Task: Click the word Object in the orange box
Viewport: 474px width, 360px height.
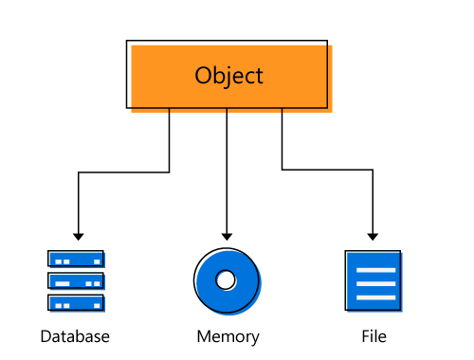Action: tap(228, 76)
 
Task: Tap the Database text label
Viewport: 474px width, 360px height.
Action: tap(75, 336)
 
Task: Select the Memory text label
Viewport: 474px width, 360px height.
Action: tap(228, 336)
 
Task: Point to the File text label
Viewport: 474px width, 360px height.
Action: tap(374, 336)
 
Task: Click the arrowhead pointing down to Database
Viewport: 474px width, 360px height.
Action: tap(79, 235)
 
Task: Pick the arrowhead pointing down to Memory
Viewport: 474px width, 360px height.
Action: tap(226, 235)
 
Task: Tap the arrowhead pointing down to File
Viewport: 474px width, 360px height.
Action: tap(374, 235)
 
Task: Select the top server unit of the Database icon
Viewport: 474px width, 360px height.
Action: tap(76, 259)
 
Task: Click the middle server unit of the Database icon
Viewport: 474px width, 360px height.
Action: tap(76, 281)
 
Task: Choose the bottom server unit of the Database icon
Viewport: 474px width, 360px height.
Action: tap(76, 303)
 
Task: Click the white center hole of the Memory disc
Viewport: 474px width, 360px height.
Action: tap(226, 280)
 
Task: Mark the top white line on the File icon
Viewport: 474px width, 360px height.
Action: tap(374, 268)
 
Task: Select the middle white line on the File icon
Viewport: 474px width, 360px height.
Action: tap(374, 282)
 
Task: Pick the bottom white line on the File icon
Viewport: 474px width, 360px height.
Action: tap(374, 297)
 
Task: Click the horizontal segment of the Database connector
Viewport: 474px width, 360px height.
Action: tap(123, 171)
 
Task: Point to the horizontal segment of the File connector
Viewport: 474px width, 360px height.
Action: tap(327, 171)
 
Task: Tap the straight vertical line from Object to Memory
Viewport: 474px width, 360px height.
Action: tap(226, 171)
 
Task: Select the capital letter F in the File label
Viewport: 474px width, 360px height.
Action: tap(365, 336)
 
